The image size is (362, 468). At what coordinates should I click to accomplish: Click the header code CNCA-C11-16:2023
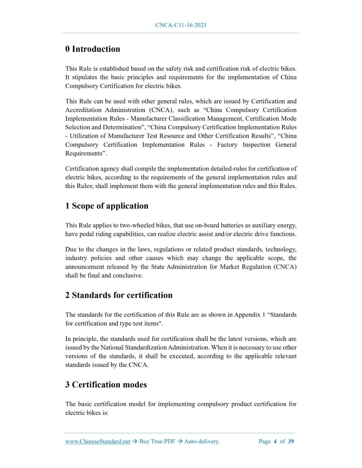pos(181,25)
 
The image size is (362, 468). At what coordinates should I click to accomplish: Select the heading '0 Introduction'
pos(93,49)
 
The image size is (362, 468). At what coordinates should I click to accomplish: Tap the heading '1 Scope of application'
pos(107,206)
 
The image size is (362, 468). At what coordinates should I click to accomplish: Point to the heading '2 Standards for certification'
pos(119,295)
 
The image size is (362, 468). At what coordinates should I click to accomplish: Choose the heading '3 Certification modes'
pos(106,384)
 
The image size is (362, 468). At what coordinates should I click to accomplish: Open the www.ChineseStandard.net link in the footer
pos(98,441)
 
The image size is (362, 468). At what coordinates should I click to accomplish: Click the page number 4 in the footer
pos(275,441)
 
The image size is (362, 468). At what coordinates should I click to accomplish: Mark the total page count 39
pos(291,441)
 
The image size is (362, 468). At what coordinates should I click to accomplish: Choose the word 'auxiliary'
pos(261,225)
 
